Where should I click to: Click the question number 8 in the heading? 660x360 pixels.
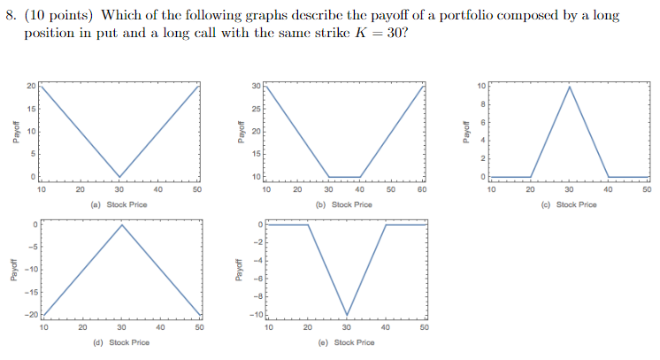click(12, 16)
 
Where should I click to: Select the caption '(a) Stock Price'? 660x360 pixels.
click(119, 204)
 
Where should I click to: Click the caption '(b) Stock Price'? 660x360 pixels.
click(344, 204)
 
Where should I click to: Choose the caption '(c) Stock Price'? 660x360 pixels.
click(569, 204)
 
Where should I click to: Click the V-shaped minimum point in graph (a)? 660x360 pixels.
click(119, 177)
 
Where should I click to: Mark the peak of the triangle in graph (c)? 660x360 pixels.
click(569, 86)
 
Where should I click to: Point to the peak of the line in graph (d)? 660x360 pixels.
click(121, 224)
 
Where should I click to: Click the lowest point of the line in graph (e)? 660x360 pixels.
click(347, 315)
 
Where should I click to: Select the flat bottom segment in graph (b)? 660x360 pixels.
click(344, 177)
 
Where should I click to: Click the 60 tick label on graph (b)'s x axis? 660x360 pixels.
click(422, 188)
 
